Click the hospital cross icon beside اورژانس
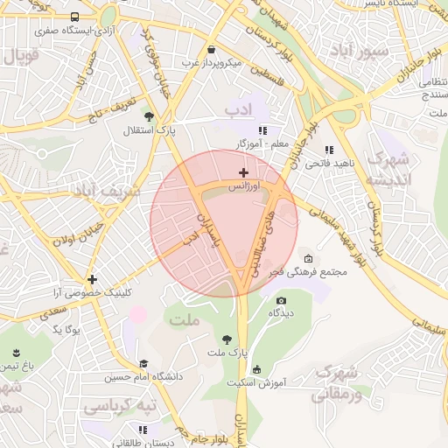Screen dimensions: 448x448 click(x=243, y=173)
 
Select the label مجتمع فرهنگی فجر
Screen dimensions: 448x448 click(x=316, y=272)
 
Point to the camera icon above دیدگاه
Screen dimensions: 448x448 click(x=281, y=300)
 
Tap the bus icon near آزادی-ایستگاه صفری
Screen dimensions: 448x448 click(x=74, y=17)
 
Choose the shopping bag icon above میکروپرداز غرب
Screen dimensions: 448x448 click(x=213, y=49)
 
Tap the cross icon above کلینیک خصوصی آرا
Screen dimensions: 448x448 click(x=92, y=280)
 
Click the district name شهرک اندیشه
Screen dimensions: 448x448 click(x=386, y=169)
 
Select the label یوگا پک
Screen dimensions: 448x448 click(x=66, y=329)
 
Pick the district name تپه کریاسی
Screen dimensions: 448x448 click(x=119, y=408)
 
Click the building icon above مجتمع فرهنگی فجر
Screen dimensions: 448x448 click(x=308, y=258)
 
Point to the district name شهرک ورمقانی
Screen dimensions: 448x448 click(x=335, y=382)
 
